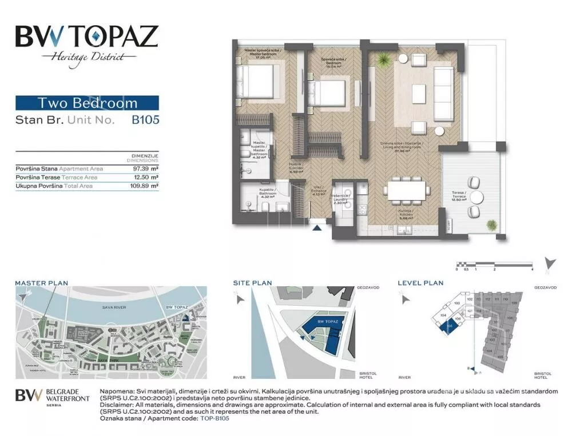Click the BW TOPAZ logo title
coord(86,37)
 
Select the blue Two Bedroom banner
coord(87,103)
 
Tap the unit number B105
coord(145,120)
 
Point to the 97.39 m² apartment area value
coord(145,169)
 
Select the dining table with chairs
coord(407,190)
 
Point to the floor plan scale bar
coord(494,264)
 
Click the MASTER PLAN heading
coord(41,283)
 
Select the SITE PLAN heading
coord(252,283)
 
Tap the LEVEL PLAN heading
coord(420,283)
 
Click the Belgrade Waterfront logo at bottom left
coord(52,397)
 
